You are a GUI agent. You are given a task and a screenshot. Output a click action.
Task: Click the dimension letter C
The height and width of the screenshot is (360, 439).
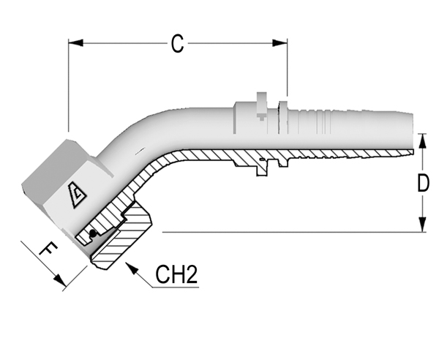point(178,44)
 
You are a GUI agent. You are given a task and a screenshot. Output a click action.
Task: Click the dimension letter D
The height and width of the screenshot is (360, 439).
point(423,183)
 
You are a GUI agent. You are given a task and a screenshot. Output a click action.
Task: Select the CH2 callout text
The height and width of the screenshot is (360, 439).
point(176,274)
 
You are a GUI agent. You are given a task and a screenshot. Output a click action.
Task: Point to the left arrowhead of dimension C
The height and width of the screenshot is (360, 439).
point(75,43)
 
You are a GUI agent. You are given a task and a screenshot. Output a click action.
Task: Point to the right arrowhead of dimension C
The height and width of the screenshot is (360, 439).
point(279,43)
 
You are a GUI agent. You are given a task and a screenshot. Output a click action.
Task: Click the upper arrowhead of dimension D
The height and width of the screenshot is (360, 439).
point(423,140)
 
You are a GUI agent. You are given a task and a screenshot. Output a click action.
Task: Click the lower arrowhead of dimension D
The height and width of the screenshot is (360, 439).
point(423,225)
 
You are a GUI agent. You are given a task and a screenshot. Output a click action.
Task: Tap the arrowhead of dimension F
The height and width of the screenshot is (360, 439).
point(60,280)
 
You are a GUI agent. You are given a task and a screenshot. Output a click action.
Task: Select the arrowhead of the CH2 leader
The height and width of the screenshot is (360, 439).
point(132,269)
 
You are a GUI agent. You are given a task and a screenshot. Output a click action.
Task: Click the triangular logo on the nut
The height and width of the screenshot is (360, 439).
point(77,195)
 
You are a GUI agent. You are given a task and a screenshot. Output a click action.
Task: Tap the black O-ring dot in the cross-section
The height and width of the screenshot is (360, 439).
point(92,233)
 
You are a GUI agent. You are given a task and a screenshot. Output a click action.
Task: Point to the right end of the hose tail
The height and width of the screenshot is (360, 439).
point(413,132)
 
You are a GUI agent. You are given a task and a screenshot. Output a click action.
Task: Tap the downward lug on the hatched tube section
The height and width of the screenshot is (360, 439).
point(263,169)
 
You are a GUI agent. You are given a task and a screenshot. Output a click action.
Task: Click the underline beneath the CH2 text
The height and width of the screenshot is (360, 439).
point(176,288)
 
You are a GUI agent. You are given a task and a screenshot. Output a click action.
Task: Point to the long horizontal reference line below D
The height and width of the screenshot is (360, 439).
point(294,232)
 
